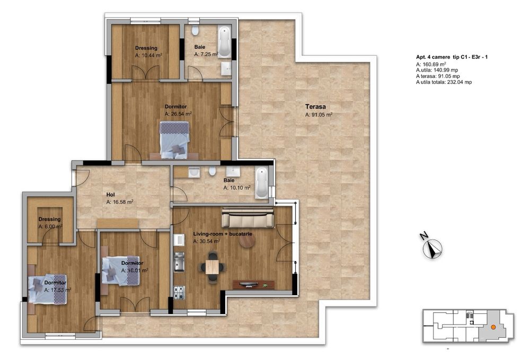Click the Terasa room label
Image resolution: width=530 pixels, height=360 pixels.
pos(315,106)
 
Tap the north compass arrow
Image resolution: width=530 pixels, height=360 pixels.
pos(434,248)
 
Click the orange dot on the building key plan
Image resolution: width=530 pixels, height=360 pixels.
pos(493,327)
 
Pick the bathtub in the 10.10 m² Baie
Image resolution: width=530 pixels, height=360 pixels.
pos(261,183)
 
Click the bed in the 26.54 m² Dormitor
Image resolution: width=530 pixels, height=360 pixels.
pos(174,139)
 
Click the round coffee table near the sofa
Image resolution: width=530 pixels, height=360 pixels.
pos(246,241)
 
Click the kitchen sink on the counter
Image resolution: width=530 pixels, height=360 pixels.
pos(179,262)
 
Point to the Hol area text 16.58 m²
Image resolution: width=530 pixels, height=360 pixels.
pos(120,201)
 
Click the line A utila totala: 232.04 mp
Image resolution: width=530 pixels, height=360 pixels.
pos(444,82)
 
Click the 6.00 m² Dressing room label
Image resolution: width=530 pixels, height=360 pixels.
pos(50,219)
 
